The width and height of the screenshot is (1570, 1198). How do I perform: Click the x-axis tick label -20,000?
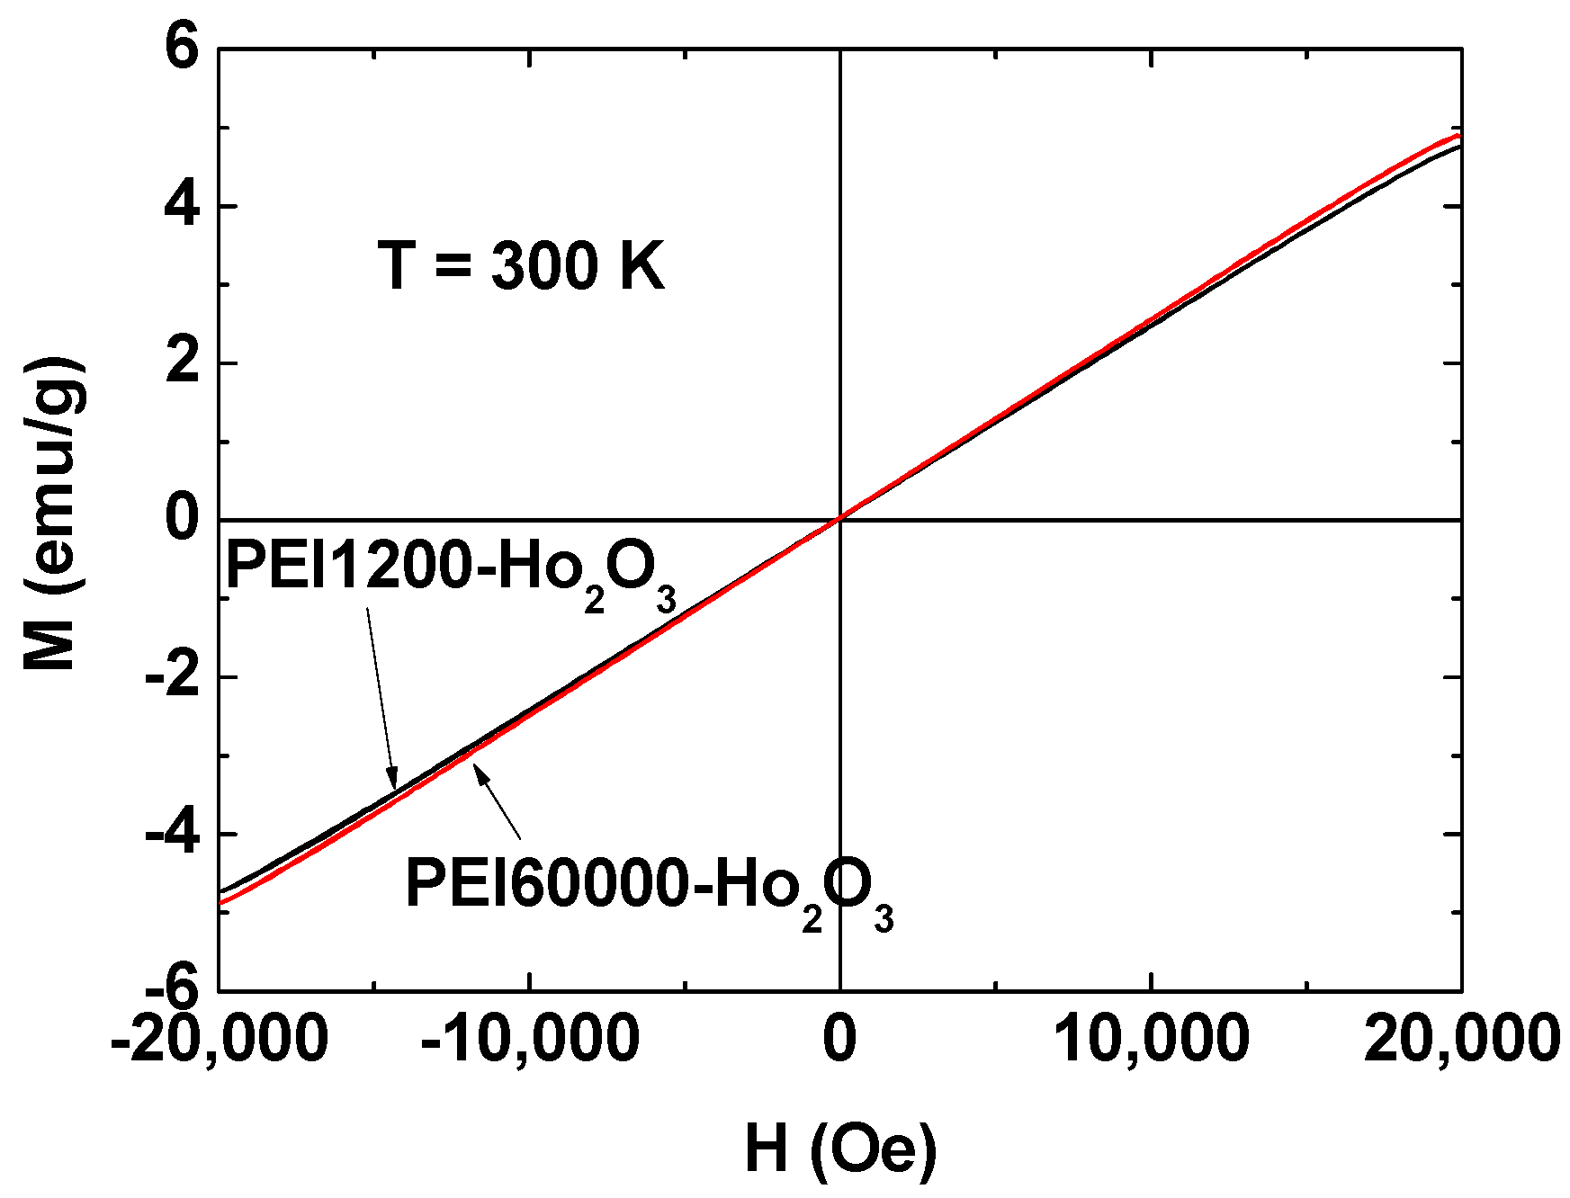[218, 1039]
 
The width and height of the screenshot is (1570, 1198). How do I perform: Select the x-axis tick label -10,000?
[529, 1039]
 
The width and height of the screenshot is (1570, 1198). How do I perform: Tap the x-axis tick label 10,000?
[1151, 1039]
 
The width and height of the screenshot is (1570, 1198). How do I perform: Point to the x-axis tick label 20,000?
[1461, 1039]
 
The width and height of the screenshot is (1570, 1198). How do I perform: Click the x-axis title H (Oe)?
[840, 1149]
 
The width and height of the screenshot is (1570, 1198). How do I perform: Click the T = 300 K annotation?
[521, 266]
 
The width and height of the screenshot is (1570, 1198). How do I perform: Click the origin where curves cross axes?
[840, 519]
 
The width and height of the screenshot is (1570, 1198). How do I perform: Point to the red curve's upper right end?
[1458, 136]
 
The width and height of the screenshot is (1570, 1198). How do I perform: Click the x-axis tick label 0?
[839, 1039]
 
